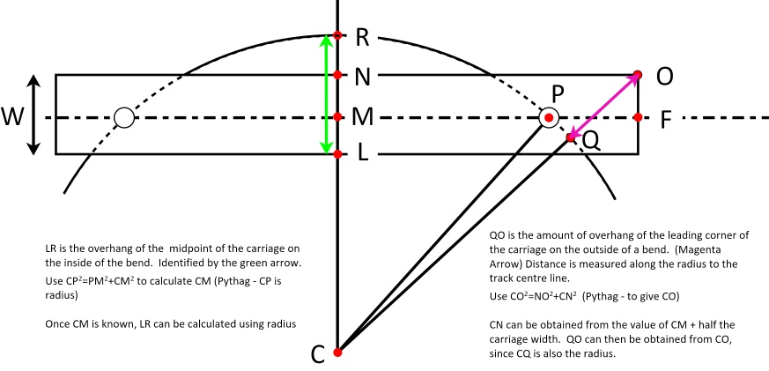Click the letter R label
click(x=363, y=37)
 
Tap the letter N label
click(x=362, y=76)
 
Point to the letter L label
click(x=361, y=154)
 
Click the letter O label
click(x=665, y=77)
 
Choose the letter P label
click(x=557, y=93)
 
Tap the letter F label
click(x=667, y=117)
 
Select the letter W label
click(x=12, y=116)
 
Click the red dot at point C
click(x=337, y=352)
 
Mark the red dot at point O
click(x=638, y=75)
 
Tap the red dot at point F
click(x=638, y=116)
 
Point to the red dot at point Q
click(x=571, y=138)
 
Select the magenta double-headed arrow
click(x=604, y=107)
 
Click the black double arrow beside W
click(x=34, y=115)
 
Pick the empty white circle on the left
click(x=124, y=117)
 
